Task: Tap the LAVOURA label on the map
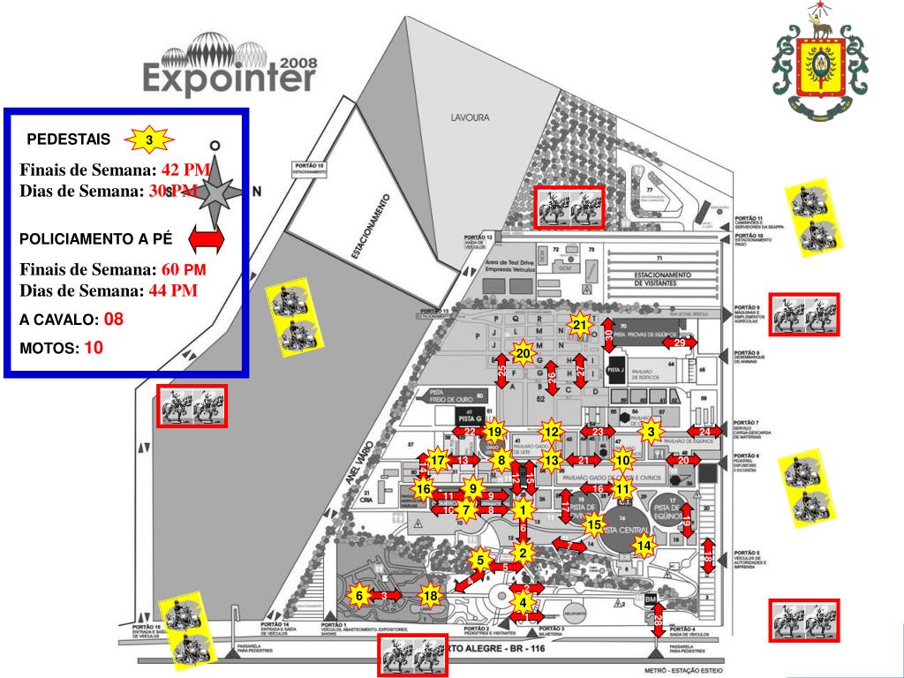coord(470,117)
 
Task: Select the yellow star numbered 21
coord(580,326)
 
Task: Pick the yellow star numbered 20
coord(523,354)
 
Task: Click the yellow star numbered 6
coord(359,596)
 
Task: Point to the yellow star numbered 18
coord(431,596)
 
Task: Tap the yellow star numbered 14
coord(644,546)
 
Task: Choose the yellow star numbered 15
coord(594,525)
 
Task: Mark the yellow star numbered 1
coord(523,509)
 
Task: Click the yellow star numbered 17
coord(438,460)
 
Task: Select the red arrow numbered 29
coord(680,342)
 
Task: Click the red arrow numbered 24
coord(704,432)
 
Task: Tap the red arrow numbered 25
coord(501,371)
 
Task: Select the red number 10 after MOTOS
coord(94,348)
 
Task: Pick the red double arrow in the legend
coord(204,238)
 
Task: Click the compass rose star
coord(215,190)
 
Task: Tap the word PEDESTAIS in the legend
coord(69,139)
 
